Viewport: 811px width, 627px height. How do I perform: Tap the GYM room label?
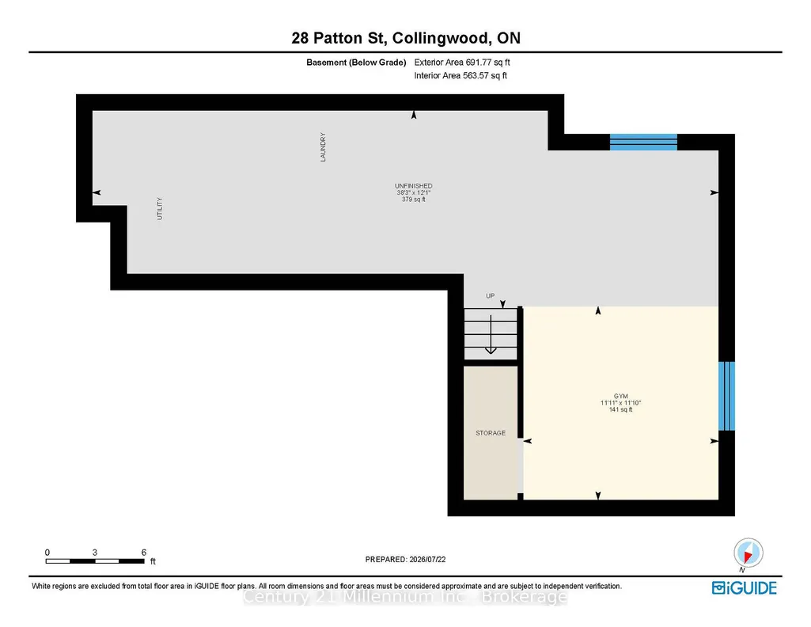tap(620, 397)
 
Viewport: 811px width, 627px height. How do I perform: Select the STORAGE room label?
tap(491, 433)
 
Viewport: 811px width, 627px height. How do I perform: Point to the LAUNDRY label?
tap(324, 147)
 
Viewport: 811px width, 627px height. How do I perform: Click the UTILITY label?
tap(160, 208)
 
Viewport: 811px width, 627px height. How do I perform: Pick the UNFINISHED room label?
tap(414, 186)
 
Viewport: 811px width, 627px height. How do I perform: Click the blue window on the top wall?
tap(643, 142)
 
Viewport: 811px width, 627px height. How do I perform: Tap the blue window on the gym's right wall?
tap(726, 396)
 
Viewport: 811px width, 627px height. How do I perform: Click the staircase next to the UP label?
tap(491, 333)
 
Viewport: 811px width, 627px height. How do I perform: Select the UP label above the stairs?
tap(491, 296)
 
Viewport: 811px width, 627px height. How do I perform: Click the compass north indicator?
tap(748, 553)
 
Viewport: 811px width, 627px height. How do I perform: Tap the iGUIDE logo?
tap(745, 588)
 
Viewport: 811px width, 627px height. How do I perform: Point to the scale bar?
tap(95, 560)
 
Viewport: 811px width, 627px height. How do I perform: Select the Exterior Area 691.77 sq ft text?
tap(462, 62)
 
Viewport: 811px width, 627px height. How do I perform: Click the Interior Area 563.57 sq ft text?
tap(460, 75)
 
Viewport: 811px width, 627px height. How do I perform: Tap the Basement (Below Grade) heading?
tap(356, 63)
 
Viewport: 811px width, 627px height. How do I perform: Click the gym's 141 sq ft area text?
tap(620, 410)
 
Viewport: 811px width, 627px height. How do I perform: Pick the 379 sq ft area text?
tap(414, 199)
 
